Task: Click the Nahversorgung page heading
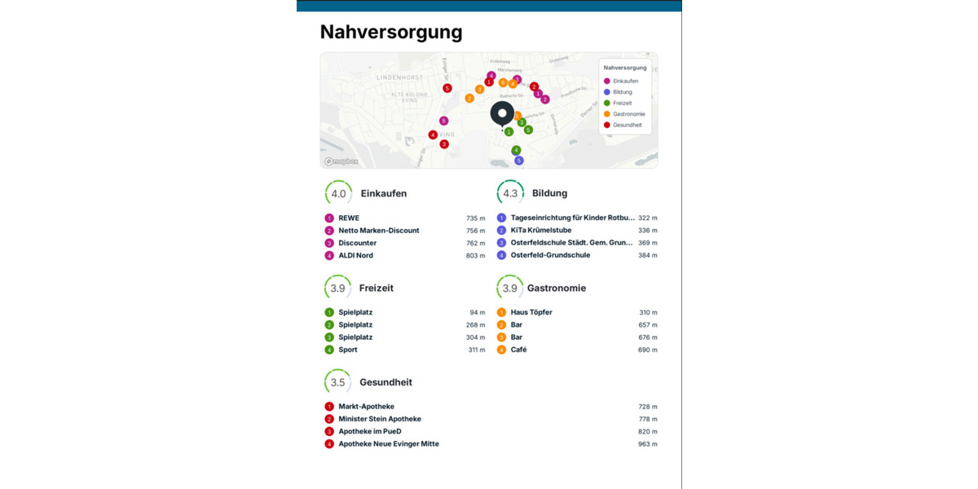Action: [x=391, y=32]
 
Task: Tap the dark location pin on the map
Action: [x=502, y=114]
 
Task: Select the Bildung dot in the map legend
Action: [x=607, y=92]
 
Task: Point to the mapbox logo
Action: [x=341, y=161]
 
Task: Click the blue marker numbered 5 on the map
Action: [x=518, y=161]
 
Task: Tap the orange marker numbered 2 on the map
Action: [x=469, y=99]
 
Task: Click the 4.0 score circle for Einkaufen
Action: [x=338, y=194]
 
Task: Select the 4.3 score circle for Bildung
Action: [x=510, y=194]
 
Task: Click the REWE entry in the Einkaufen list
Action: [x=349, y=218]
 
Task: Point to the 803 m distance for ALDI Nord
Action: [x=475, y=256]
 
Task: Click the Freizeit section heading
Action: [x=376, y=289]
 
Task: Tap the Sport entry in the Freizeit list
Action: [x=348, y=350]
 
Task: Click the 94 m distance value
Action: [x=477, y=313]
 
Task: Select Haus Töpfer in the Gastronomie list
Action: [x=531, y=313]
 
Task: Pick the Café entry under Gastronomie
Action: [x=518, y=350]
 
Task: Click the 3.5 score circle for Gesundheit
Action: [x=337, y=382]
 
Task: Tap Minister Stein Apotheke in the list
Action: [x=380, y=419]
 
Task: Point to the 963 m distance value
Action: [x=647, y=444]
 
